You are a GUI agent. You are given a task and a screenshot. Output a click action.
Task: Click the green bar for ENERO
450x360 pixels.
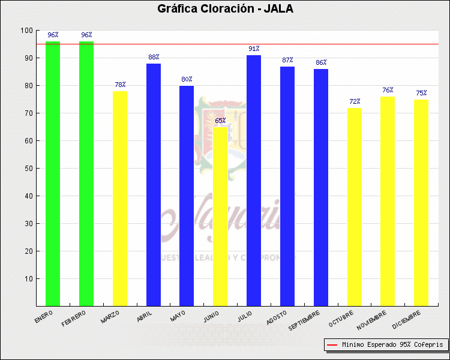pyautogui.click(x=53, y=174)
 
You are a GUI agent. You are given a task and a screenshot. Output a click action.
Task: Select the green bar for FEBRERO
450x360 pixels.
pyautogui.click(x=86, y=174)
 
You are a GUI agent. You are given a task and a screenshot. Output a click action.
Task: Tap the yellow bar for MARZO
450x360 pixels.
pyautogui.click(x=120, y=198)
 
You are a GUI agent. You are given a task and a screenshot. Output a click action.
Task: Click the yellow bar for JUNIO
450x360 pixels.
pyautogui.click(x=220, y=216)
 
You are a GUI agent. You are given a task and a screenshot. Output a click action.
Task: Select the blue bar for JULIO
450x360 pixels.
pyautogui.click(x=254, y=180)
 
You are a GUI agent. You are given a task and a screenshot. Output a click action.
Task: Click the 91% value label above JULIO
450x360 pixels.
pyautogui.click(x=254, y=49)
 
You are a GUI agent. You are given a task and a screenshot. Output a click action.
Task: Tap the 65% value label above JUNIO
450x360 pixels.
pyautogui.click(x=220, y=121)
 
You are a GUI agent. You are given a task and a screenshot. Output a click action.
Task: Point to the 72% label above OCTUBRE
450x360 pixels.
pyautogui.click(x=355, y=101)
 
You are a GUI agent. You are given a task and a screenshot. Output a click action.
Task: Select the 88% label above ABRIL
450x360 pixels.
pyautogui.click(x=154, y=57)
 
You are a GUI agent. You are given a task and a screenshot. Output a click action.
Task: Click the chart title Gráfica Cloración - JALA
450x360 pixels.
pyautogui.click(x=225, y=9)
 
